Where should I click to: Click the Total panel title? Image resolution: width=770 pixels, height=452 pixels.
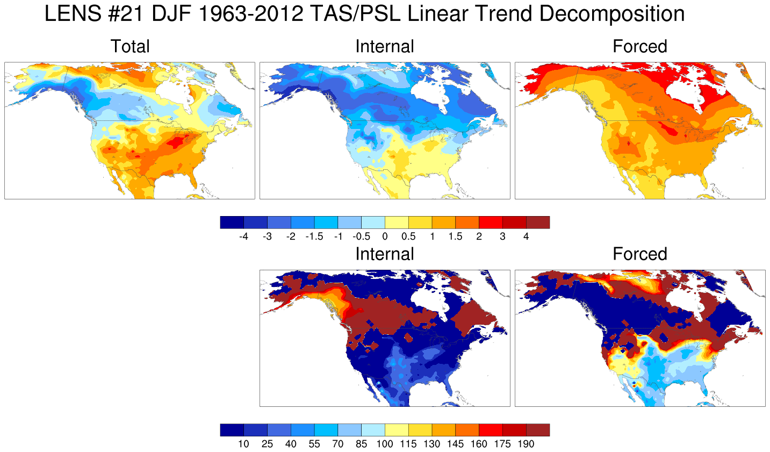130,46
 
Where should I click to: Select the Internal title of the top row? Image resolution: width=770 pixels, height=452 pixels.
385,46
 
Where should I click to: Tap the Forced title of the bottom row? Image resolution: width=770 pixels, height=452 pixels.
640,254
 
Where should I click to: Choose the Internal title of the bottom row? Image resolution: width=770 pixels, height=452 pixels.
385,254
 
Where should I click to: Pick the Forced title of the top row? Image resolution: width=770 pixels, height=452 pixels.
640,46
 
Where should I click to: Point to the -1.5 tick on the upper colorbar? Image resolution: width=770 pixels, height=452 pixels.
314,236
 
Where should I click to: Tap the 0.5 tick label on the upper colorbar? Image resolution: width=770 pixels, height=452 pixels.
408,236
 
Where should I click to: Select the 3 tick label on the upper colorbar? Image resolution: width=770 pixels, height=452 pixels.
502,236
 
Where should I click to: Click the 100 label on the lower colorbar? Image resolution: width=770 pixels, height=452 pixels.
385,444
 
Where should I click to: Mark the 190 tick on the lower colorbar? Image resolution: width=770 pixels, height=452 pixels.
526,444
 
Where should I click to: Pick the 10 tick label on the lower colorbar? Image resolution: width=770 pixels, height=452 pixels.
243,444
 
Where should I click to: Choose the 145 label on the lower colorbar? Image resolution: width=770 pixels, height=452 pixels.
455,444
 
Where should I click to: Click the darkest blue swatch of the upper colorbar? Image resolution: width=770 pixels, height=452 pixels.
232,223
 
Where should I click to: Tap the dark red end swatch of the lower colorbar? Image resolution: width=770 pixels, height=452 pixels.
538,430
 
